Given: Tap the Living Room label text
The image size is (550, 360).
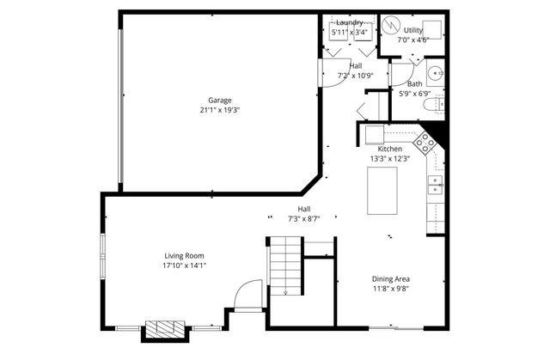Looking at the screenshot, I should tap(184, 255).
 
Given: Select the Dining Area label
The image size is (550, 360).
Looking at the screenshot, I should tap(390, 278).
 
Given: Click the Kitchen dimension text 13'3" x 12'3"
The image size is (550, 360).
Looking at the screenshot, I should tap(390, 158).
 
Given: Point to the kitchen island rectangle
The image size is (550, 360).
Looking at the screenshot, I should tap(382, 191).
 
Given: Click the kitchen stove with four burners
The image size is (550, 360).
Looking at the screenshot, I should tap(425, 141).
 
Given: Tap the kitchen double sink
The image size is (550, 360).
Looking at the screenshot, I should tap(436, 184).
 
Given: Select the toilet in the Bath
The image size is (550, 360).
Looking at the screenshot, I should tap(434, 104).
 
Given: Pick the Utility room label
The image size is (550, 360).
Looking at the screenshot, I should tap(413, 30).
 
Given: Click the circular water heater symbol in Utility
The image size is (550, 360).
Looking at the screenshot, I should tap(391, 25).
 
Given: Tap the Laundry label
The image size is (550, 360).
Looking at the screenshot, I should tap(350, 22).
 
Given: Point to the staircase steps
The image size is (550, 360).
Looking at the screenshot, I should tap(285, 265).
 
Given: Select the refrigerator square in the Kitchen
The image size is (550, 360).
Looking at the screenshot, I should tap(374, 134).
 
